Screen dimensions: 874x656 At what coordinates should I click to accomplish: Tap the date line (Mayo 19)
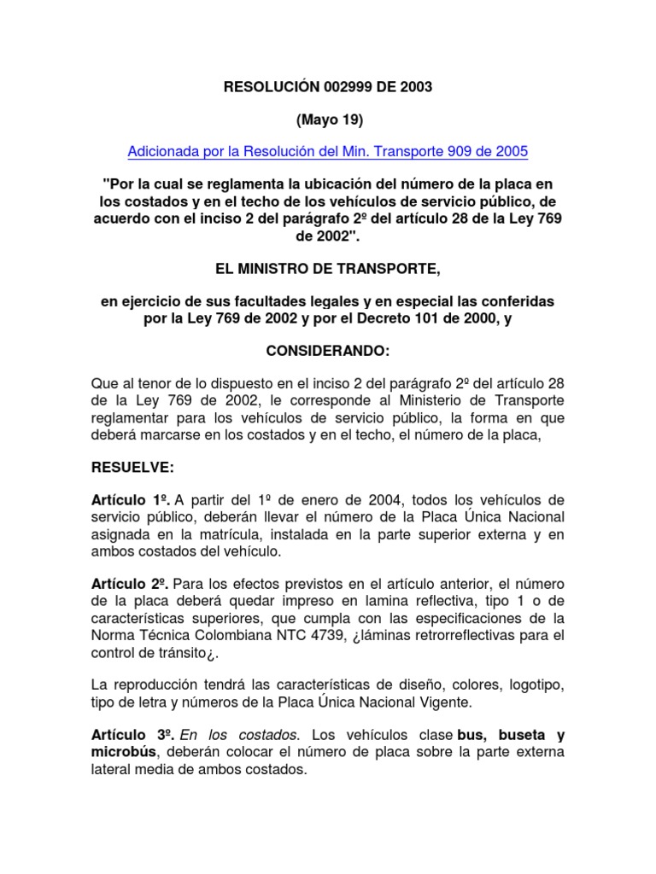coord(328,119)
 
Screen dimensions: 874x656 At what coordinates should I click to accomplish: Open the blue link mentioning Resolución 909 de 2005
coord(328,152)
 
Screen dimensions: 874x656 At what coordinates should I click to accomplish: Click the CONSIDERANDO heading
coord(328,351)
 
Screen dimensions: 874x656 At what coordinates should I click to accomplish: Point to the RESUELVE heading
coord(132,467)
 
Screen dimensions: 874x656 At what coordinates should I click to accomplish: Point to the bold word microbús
coord(124,751)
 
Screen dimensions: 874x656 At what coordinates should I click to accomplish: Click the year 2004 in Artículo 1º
coord(362,499)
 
